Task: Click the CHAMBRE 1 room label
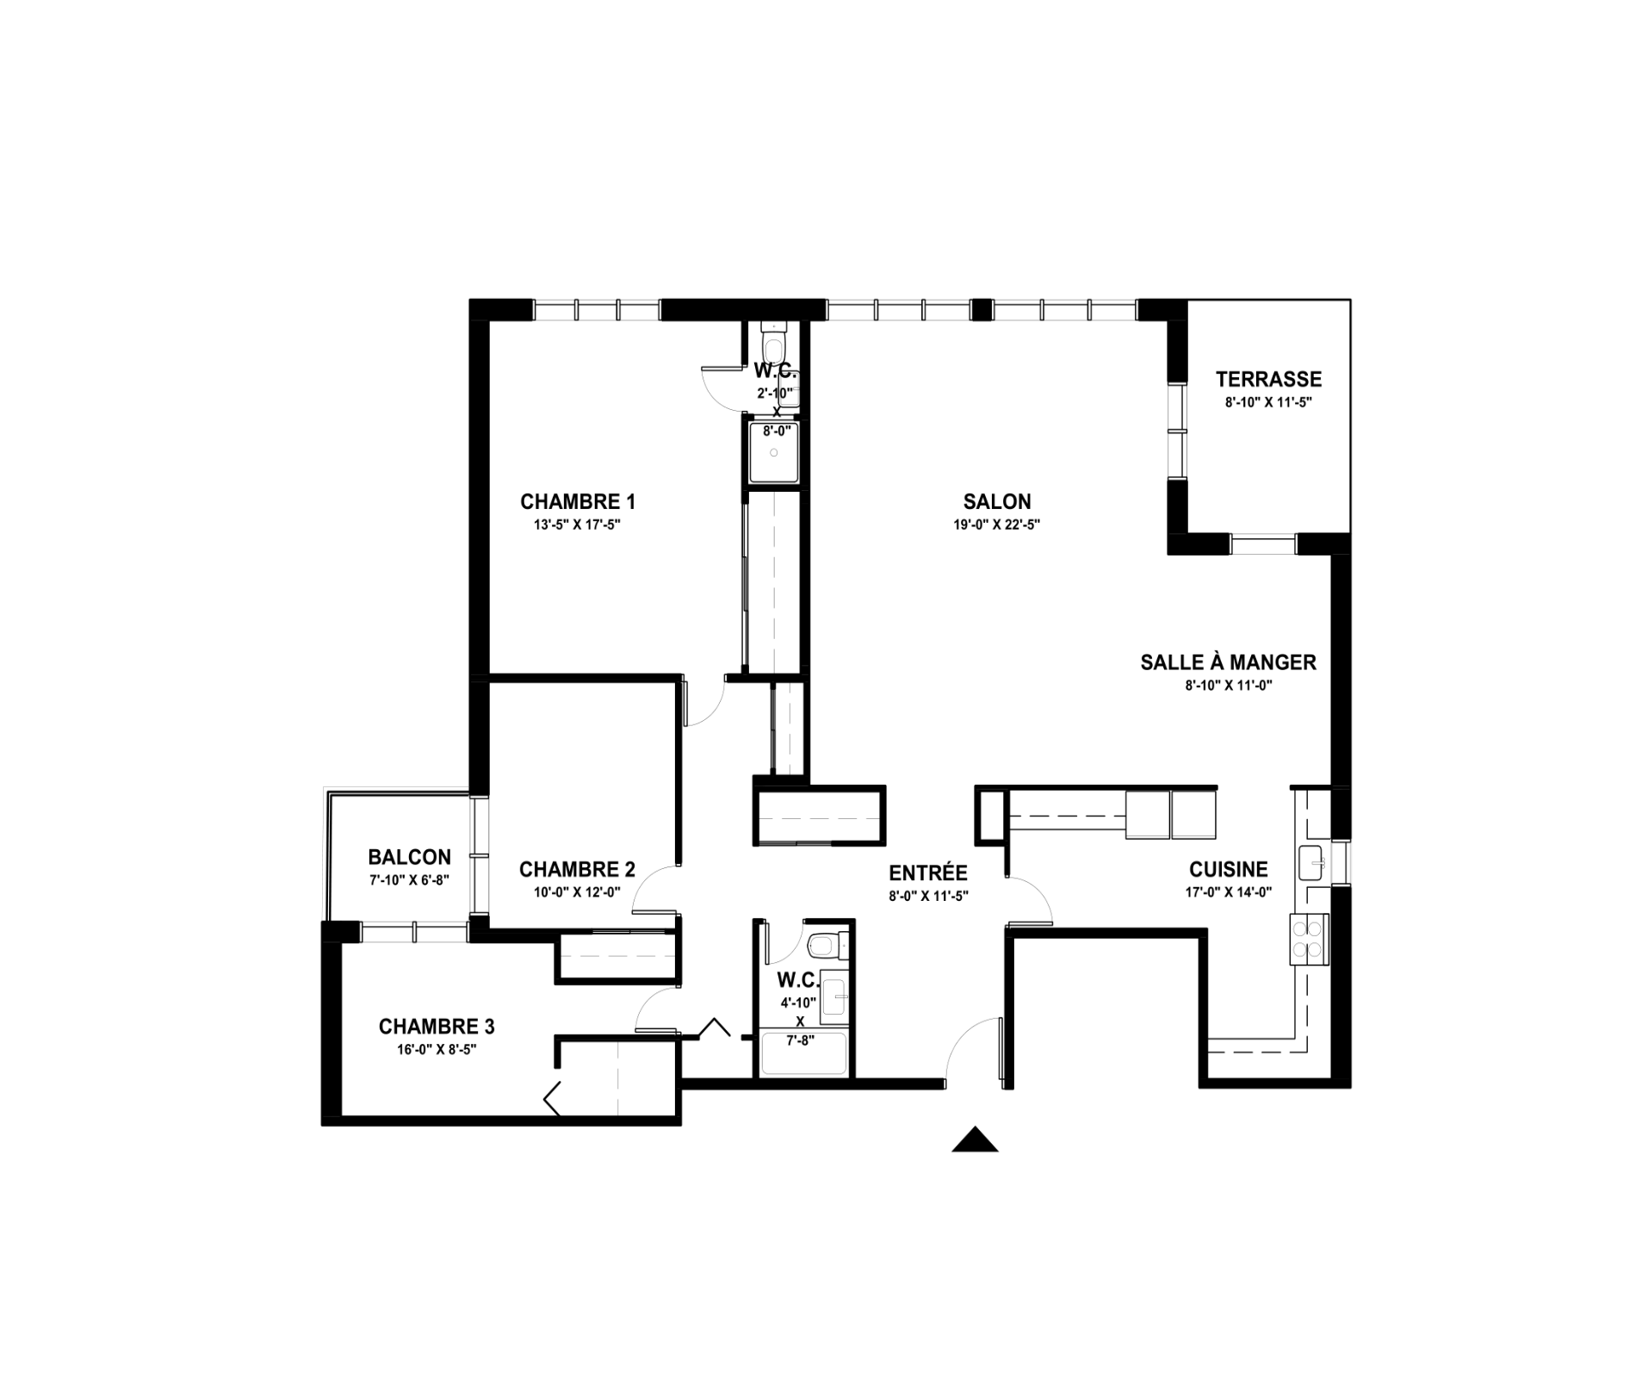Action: (x=578, y=501)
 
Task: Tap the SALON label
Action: (x=997, y=501)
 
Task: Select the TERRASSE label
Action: (x=1268, y=379)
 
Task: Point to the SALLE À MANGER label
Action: (x=1229, y=662)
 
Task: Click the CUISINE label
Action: (x=1229, y=870)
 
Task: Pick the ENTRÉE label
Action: (x=928, y=872)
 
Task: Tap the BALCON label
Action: (x=409, y=857)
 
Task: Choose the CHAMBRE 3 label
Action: (x=437, y=1027)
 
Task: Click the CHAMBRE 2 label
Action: (x=577, y=869)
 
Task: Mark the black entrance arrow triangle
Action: (x=975, y=1140)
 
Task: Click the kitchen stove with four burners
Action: (x=1308, y=940)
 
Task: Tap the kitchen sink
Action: (x=1310, y=863)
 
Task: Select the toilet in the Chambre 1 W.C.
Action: (x=775, y=345)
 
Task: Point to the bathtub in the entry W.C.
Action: (x=804, y=1053)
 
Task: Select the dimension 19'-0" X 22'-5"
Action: (x=997, y=525)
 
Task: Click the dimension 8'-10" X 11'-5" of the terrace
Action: (x=1268, y=402)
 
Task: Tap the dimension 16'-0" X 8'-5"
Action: (x=437, y=1050)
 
